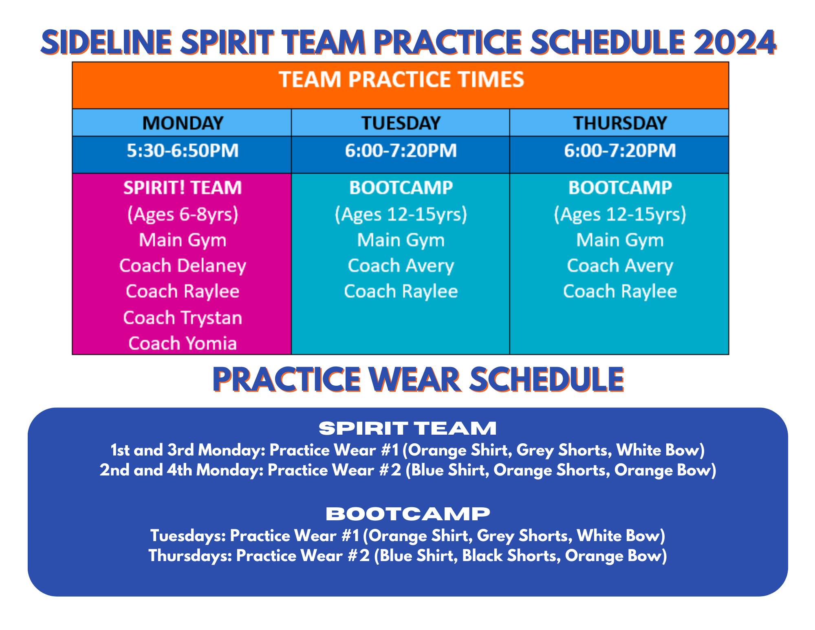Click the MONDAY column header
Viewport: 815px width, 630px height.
coord(183,123)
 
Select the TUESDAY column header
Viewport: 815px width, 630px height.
coord(401,123)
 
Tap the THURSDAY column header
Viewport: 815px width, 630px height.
coord(619,123)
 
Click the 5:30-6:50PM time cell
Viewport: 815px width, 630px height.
coord(183,151)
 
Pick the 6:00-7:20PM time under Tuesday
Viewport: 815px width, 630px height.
coord(401,151)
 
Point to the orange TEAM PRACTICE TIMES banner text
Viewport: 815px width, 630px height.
coord(401,80)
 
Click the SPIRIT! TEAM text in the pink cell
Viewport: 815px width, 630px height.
coord(183,188)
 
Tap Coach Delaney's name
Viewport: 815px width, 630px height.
coord(183,266)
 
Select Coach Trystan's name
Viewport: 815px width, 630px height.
coord(183,318)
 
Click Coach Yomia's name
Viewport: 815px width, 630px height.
coord(183,343)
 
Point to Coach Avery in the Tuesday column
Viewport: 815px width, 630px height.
coord(401,266)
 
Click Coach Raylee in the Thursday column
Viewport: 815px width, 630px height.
coord(619,292)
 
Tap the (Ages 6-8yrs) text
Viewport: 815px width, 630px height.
coord(183,214)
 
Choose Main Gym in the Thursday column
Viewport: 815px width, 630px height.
coord(619,240)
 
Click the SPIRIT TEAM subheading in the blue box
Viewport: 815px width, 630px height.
coord(407,429)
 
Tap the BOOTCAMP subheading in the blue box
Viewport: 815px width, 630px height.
coord(407,514)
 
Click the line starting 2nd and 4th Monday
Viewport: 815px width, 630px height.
coord(407,470)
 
